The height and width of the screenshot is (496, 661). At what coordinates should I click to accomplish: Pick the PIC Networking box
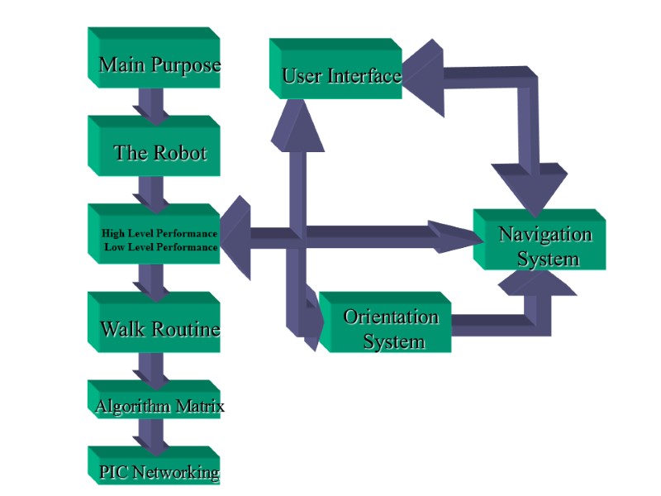[x=154, y=471]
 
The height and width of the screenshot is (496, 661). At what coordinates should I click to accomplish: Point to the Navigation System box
[x=540, y=245]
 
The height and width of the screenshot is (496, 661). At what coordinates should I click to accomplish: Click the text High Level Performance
[x=159, y=233]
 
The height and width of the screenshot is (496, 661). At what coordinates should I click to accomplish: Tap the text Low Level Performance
[x=161, y=246]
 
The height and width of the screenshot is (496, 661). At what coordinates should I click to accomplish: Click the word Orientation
[x=391, y=317]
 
